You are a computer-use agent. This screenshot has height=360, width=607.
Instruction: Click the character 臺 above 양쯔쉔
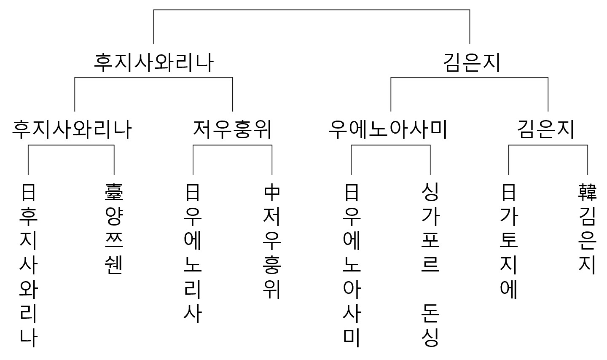(x=114, y=193)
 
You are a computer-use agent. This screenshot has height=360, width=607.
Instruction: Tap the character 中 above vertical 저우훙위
(x=272, y=193)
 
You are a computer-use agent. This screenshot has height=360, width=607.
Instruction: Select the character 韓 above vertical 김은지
(x=587, y=193)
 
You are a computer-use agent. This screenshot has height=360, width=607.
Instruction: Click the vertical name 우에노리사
(x=193, y=265)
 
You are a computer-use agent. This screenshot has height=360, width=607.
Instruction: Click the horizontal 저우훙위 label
(x=232, y=129)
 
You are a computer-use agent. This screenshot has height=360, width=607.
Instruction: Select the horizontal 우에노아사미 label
(x=388, y=129)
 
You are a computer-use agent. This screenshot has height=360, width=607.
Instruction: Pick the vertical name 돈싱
(x=430, y=325)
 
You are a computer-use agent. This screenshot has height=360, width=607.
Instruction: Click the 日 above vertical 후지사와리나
(x=28, y=193)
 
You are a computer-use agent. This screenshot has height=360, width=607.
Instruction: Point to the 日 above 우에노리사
(x=193, y=193)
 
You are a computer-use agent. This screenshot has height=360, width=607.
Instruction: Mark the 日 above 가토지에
(x=508, y=193)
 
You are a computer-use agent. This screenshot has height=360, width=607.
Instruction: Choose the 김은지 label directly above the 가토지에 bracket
(x=546, y=129)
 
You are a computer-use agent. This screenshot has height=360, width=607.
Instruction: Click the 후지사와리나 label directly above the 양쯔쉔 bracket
(x=72, y=129)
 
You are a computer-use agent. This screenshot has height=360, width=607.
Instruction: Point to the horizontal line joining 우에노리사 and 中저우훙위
(x=232, y=145)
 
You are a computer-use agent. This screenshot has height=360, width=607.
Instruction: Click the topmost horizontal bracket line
(x=312, y=10)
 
